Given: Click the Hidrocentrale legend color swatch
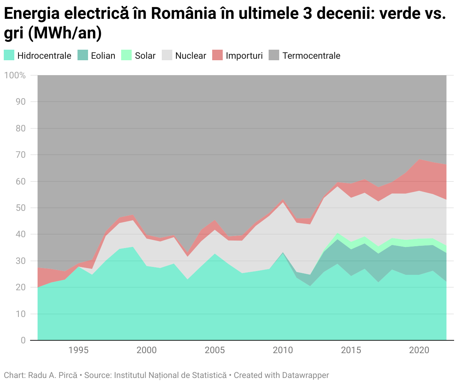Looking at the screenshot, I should click(x=9, y=55).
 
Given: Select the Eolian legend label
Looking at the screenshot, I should click(x=103, y=56).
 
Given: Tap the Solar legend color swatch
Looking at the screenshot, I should click(x=126, y=55).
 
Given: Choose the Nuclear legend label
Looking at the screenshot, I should click(x=190, y=56).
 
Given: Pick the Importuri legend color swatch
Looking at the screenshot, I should click(x=217, y=55).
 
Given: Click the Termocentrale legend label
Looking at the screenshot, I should click(x=311, y=56).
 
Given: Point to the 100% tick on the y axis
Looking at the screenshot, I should click(x=15, y=75).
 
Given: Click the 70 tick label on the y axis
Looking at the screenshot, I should click(x=21, y=155).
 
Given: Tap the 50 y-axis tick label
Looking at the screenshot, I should click(x=21, y=208).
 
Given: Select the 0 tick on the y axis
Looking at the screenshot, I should click(x=23, y=340).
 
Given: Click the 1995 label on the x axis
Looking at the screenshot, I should click(x=78, y=350).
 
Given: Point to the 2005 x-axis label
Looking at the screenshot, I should click(x=214, y=350).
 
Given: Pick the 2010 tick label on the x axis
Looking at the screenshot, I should click(x=283, y=350).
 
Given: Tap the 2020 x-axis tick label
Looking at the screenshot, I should click(x=419, y=350).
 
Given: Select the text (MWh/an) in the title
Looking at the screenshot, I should click(x=65, y=33).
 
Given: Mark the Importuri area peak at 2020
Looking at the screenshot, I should click(x=419, y=160).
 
